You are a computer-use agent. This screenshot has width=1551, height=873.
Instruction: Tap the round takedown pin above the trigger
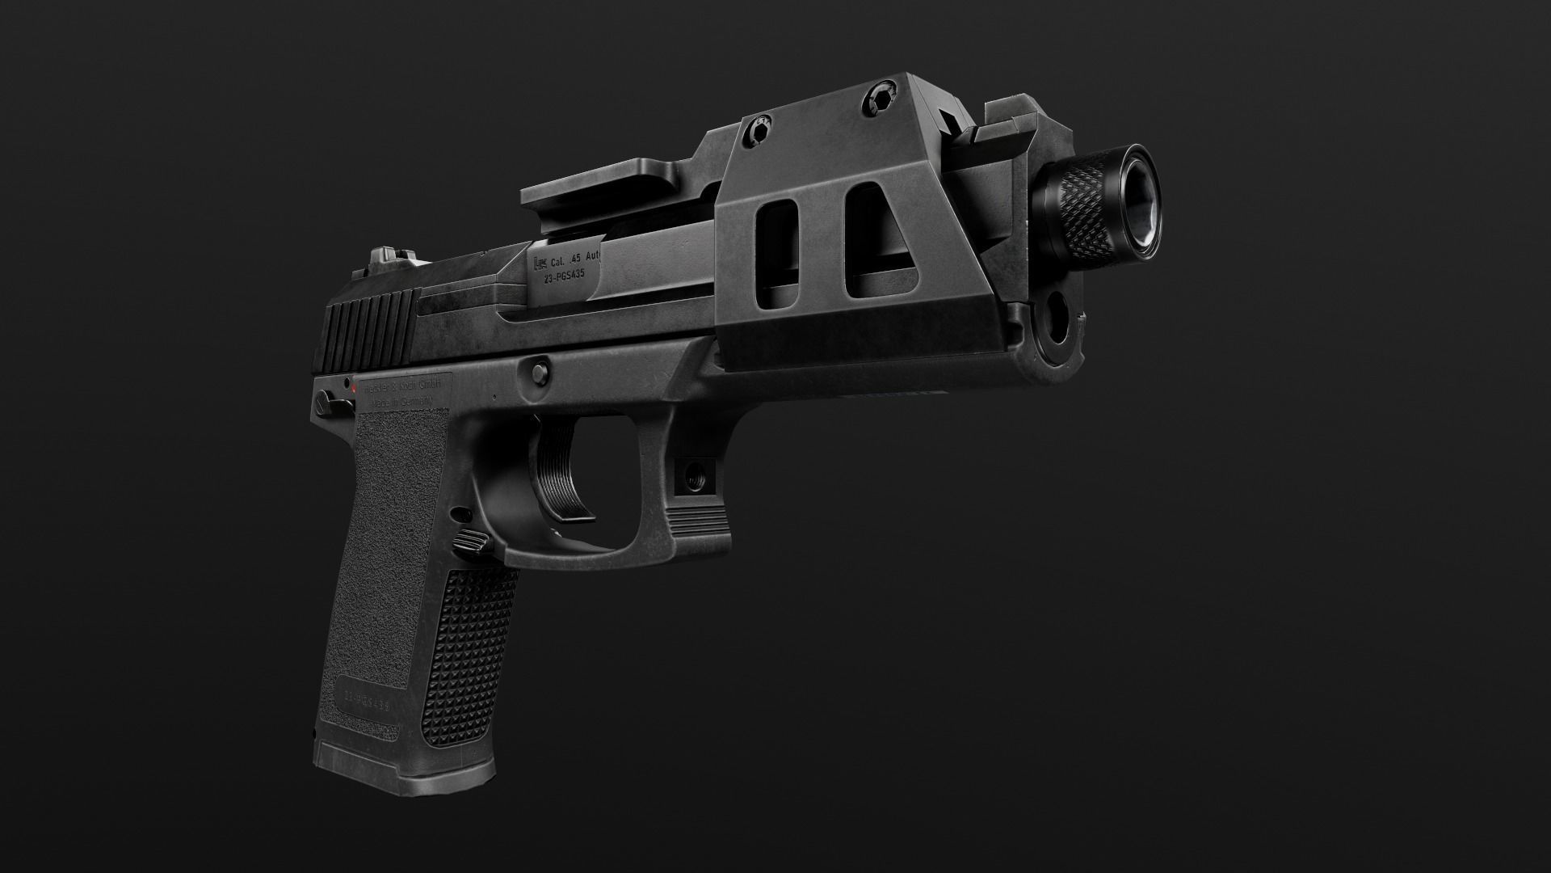point(536,372)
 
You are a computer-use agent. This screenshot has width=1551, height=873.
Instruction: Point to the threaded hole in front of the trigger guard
point(694,477)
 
